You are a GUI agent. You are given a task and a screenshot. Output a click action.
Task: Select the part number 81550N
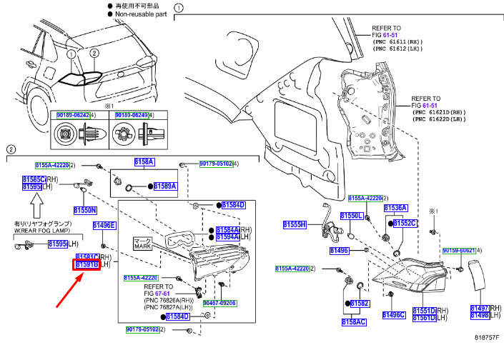click(x=84, y=210)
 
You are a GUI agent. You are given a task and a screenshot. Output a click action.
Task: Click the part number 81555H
click(x=294, y=224)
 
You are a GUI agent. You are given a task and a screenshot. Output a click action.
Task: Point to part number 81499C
click(x=394, y=315)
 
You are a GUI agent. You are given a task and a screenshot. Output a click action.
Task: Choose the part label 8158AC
click(x=353, y=322)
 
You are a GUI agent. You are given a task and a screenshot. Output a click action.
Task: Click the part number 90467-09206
click(x=219, y=303)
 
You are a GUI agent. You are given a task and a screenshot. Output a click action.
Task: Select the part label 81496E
click(x=104, y=226)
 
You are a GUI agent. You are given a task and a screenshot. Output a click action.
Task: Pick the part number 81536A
click(x=395, y=208)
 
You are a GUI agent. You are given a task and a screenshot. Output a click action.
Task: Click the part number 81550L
click(x=351, y=215)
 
